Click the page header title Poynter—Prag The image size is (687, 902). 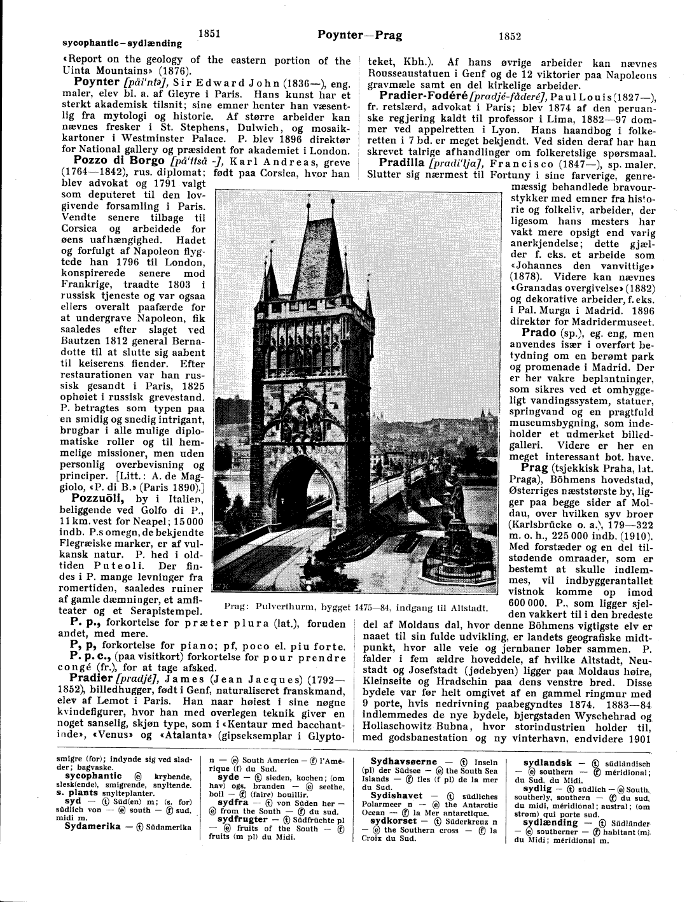click(359, 35)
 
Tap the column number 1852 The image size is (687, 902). click(510, 36)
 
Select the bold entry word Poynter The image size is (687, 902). click(97, 82)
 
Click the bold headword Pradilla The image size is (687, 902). click(404, 162)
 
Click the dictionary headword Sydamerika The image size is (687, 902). click(93, 826)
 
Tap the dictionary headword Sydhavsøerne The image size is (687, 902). click(404, 761)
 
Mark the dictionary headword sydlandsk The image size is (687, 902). click(547, 763)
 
